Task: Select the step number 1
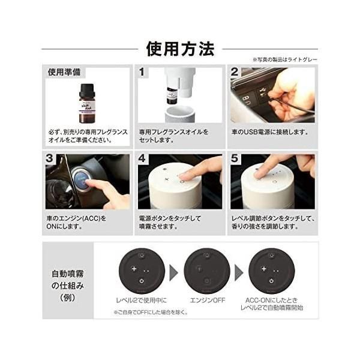(142, 73)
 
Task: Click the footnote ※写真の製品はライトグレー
(285, 59)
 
